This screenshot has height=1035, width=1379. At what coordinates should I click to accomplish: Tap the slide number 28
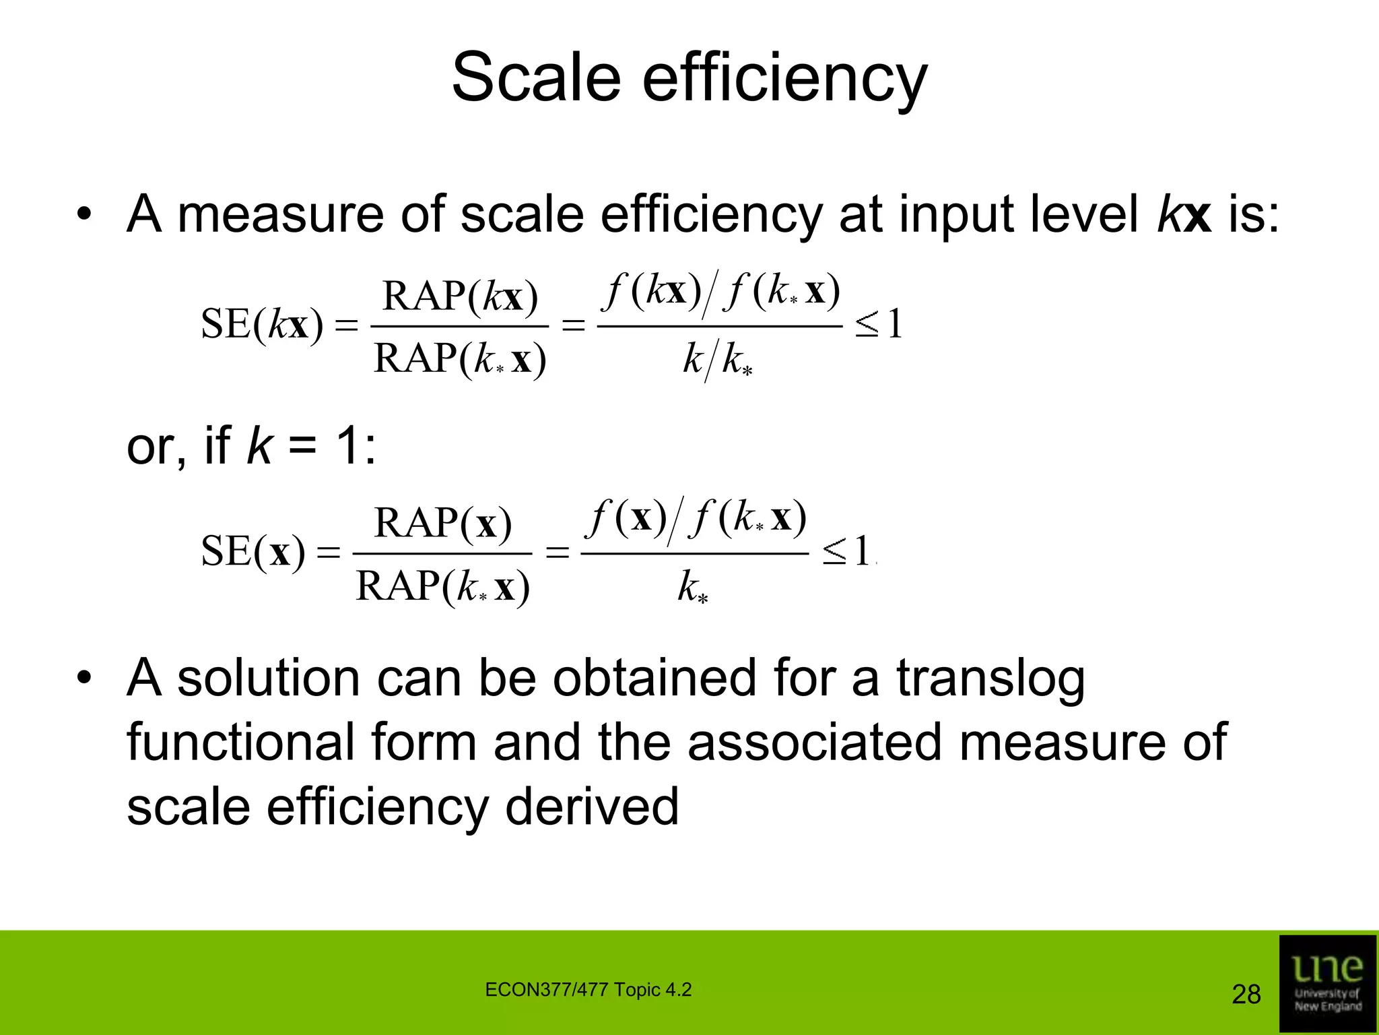(x=1246, y=994)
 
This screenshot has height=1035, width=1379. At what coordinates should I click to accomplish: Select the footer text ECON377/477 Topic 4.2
(x=588, y=990)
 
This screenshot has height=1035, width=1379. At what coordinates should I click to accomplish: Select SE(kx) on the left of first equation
(x=262, y=325)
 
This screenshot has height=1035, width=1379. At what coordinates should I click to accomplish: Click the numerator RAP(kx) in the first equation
(x=460, y=296)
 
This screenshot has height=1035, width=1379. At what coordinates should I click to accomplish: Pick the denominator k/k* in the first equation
(x=718, y=360)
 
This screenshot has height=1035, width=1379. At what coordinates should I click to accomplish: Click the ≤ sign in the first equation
(x=867, y=325)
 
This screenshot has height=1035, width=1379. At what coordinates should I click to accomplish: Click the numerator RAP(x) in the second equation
(x=442, y=523)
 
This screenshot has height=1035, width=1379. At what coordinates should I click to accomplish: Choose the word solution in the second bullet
(x=268, y=678)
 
